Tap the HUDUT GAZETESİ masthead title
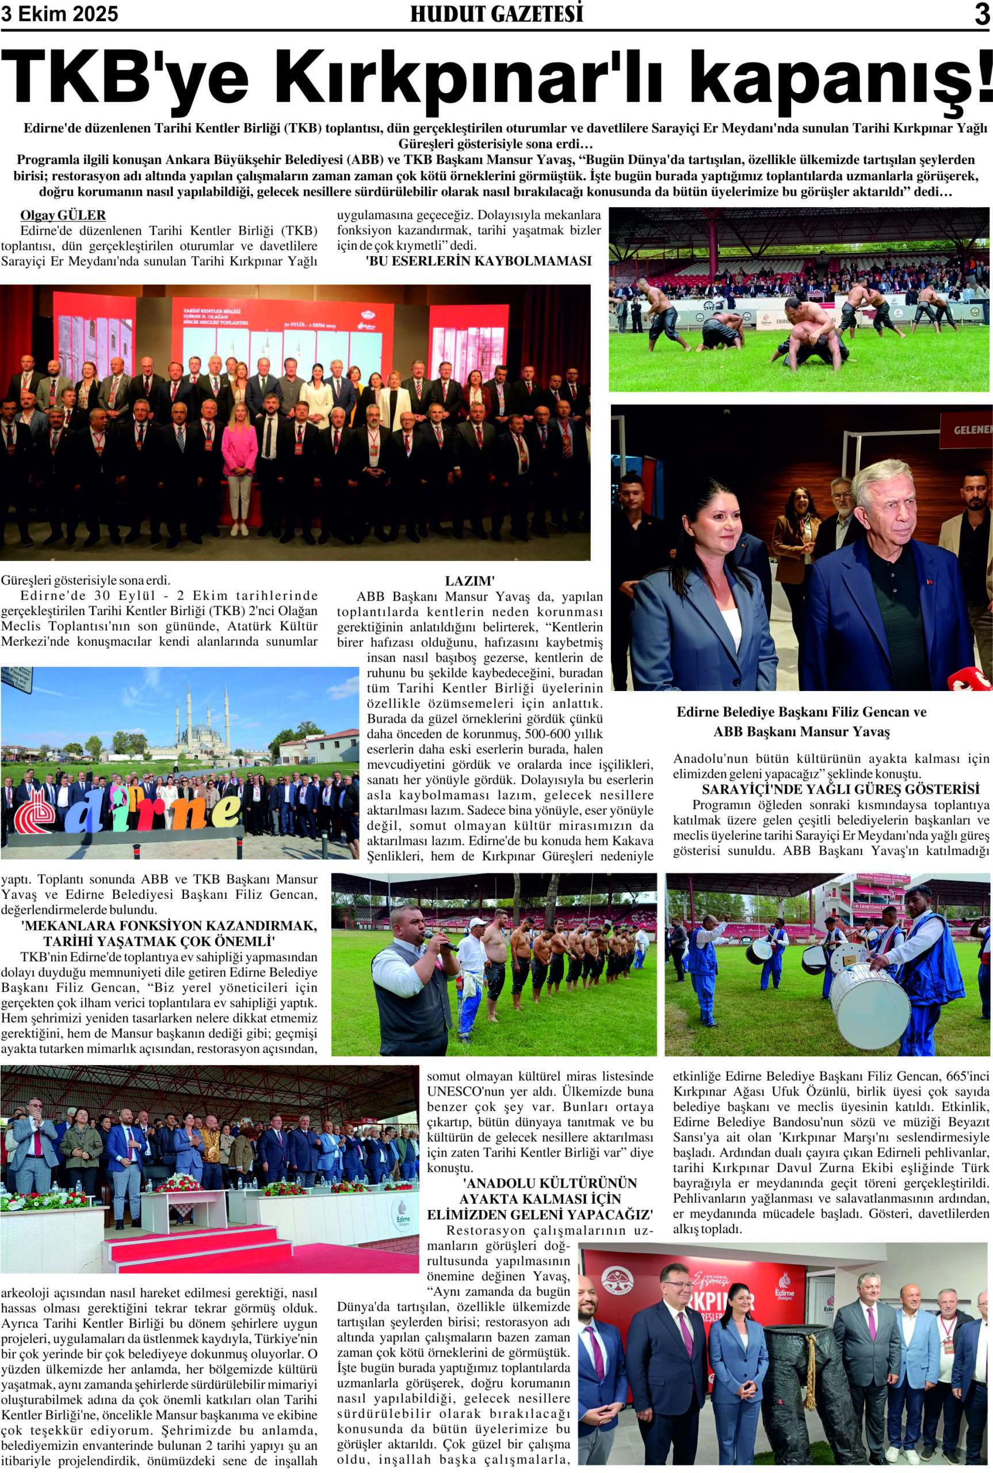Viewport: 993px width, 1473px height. tap(496, 14)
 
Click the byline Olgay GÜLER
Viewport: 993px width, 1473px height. tap(63, 215)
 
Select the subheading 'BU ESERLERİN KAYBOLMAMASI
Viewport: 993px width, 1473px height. tap(478, 261)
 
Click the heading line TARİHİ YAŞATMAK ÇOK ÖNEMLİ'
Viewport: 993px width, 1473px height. tap(159, 940)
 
